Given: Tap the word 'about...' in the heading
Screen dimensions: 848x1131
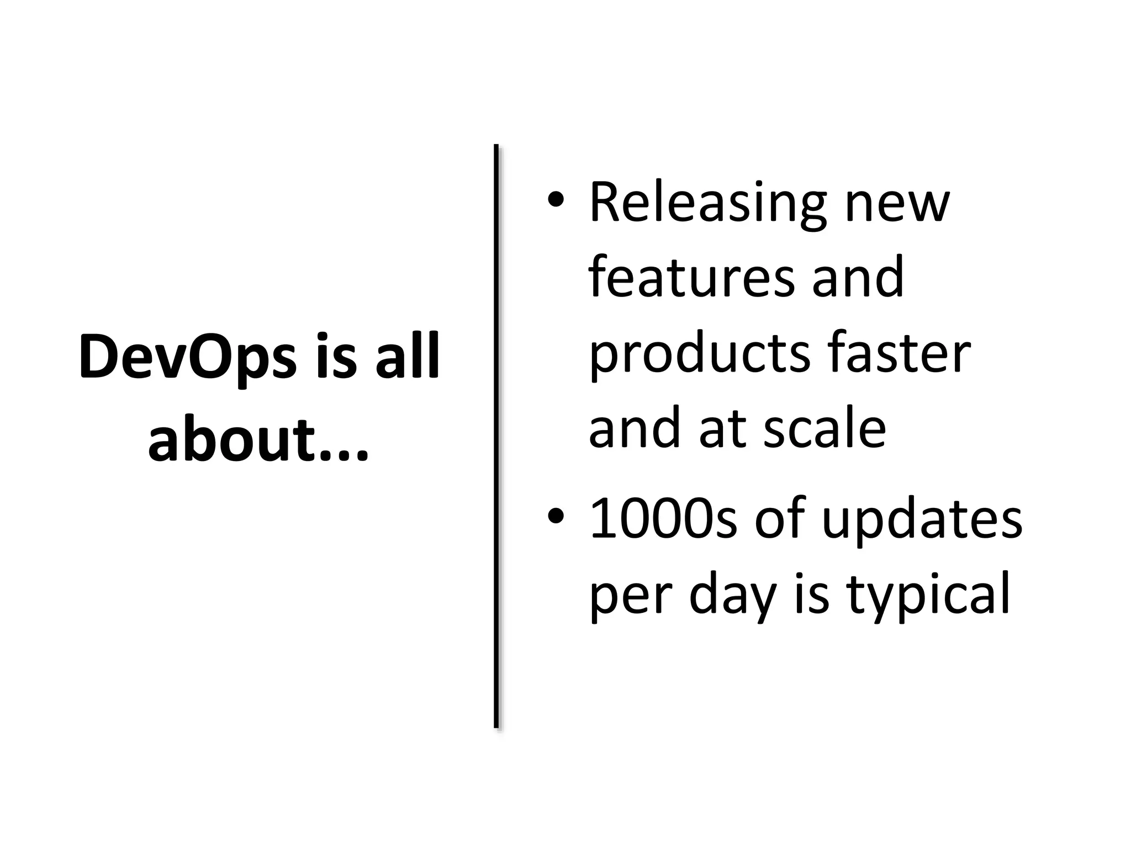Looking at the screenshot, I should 258,441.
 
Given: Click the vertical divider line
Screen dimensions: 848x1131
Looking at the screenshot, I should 496,436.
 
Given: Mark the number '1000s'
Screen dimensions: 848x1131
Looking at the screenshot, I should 663,519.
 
